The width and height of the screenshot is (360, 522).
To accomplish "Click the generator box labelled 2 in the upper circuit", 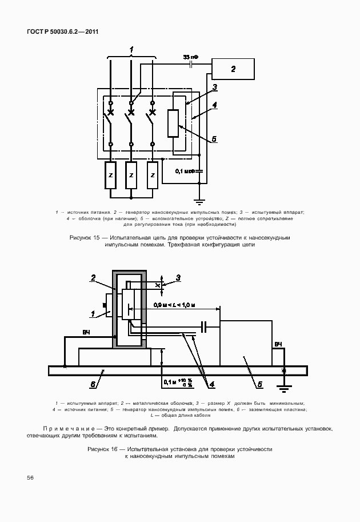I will [x=233, y=70].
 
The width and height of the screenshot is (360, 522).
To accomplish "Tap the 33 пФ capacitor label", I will [x=191, y=58].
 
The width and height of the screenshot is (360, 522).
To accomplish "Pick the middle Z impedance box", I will [x=131, y=175].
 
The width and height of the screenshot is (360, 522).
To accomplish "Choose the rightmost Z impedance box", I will [x=152, y=175].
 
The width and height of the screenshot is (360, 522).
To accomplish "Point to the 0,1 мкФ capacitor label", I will [x=185, y=170].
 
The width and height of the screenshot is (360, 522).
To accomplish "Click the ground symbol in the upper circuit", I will [x=199, y=201].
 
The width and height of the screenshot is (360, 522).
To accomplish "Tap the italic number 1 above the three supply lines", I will [x=131, y=50].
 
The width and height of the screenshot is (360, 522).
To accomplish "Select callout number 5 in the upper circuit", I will [x=214, y=138].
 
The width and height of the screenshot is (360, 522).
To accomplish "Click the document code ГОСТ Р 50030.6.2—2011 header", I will [x=63, y=31].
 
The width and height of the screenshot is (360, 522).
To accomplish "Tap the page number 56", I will [x=30, y=477].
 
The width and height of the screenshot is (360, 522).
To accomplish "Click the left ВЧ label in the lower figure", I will [x=86, y=332].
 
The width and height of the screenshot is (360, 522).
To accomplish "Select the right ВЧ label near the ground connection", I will [x=278, y=345].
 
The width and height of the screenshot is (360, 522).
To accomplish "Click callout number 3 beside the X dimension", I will [x=178, y=278].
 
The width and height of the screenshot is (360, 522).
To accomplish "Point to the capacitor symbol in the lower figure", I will [x=204, y=327].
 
